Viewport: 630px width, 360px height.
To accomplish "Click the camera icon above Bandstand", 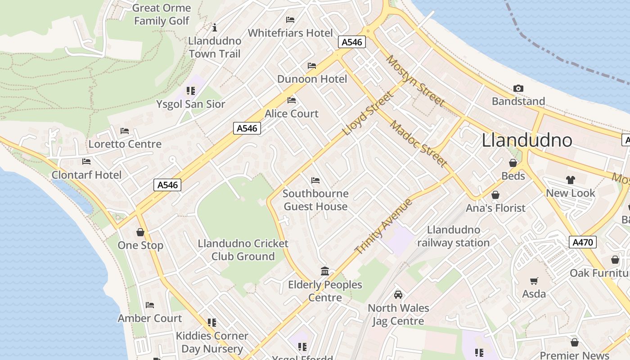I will coord(518,89).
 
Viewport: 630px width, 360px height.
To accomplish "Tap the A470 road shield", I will coord(582,242).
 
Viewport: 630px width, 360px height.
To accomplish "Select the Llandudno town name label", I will coord(526,140).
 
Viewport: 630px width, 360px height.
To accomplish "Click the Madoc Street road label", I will coord(418,144).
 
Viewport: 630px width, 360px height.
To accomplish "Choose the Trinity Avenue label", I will coord(383,226).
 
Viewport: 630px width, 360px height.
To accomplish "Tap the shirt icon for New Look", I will coord(570,180).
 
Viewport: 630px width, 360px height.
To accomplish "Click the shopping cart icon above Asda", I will coord(534,281).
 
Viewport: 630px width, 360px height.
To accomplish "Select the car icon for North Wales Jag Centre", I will coord(398,295).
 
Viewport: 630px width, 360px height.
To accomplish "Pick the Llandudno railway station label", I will coord(453,236).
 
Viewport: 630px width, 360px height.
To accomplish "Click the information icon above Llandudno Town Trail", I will coord(215,28).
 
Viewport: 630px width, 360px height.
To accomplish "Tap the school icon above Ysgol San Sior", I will coord(190,91).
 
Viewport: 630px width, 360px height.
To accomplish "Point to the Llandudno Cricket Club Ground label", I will coord(243,250).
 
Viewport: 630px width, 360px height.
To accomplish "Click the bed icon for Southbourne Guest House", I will coord(315,180).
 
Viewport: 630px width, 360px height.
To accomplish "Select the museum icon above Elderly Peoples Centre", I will coord(325,271).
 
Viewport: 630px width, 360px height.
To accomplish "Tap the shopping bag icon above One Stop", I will coord(140,232).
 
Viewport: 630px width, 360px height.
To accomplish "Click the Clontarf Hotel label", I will coord(87,175).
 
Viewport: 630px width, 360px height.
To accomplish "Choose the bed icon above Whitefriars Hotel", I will coord(290,20).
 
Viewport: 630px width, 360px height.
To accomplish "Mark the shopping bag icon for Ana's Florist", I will coord(495,195).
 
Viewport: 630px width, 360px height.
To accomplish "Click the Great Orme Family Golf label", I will coord(162,14).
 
